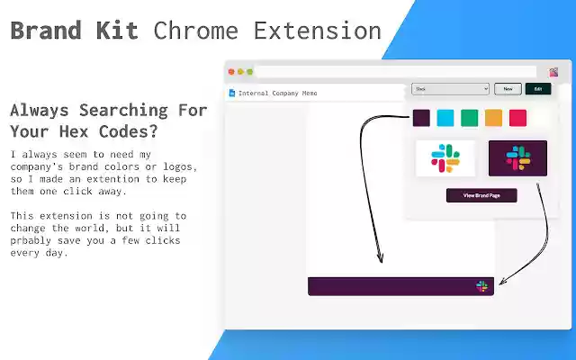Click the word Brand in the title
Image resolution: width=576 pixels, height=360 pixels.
click(x=41, y=31)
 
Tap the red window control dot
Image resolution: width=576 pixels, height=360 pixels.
click(x=231, y=72)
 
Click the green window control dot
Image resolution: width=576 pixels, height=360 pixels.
click(x=249, y=72)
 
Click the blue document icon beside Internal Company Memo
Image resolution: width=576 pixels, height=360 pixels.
click(x=232, y=93)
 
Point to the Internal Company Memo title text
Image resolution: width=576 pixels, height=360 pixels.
click(x=278, y=93)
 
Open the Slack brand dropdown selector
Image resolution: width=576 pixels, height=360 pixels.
click(x=450, y=89)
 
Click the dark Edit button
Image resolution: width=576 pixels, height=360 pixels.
click(x=537, y=89)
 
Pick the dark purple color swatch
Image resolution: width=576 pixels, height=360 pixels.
click(x=421, y=118)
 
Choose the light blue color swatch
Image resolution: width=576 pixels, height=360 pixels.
click(x=445, y=118)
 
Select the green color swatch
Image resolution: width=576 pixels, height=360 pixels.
click(x=469, y=118)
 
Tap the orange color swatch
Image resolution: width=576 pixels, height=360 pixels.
click(x=493, y=118)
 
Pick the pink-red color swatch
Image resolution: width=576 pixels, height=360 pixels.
click(x=517, y=118)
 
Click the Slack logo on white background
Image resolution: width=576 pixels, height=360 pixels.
click(x=445, y=158)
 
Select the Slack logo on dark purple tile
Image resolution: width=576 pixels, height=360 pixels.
click(x=517, y=158)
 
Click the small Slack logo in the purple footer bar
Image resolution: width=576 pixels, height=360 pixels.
click(x=482, y=286)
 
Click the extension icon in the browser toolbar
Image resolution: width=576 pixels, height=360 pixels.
click(x=553, y=72)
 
